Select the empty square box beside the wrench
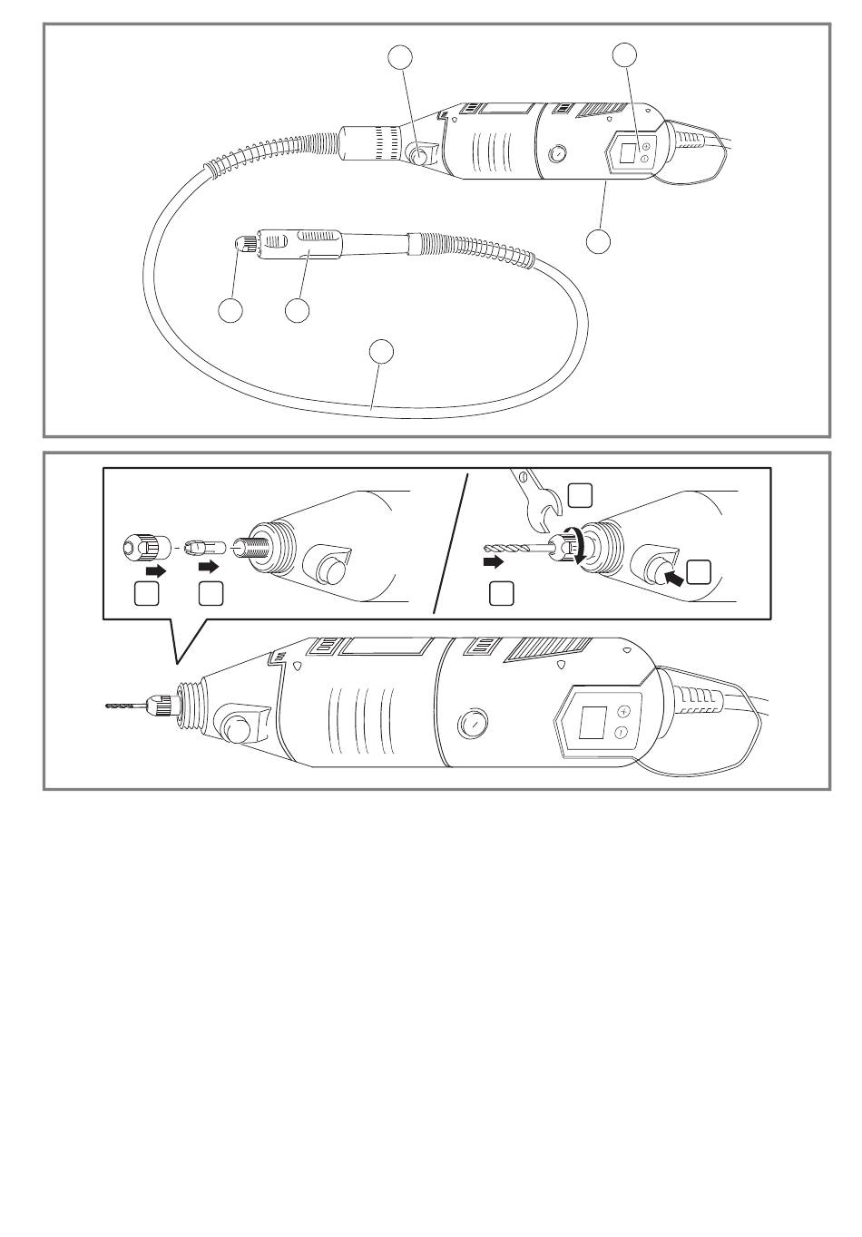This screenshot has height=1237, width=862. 580,494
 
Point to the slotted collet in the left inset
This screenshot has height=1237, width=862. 202,549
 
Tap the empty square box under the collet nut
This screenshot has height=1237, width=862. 147,593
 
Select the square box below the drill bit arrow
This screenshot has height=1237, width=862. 501,593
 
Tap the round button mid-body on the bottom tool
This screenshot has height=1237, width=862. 472,725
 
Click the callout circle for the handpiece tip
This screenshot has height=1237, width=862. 231,310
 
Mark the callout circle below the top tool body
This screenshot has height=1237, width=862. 597,242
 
